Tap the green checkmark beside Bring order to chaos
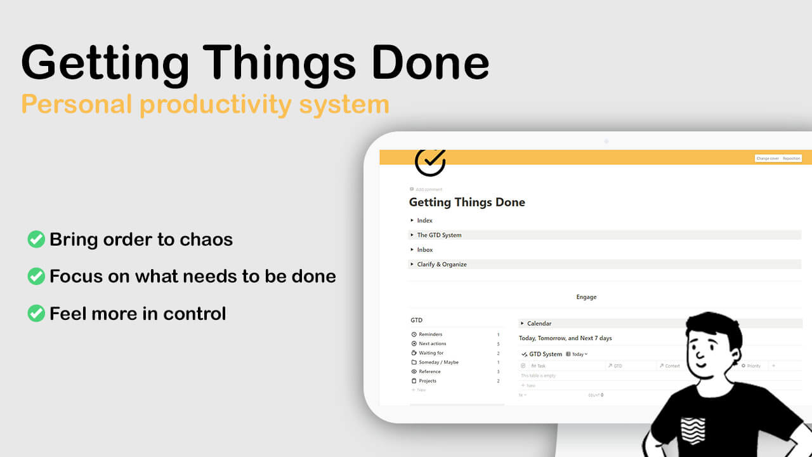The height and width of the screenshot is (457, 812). click(x=36, y=239)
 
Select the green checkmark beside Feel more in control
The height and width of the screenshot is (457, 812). click(x=36, y=313)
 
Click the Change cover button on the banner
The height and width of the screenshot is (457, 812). click(x=768, y=158)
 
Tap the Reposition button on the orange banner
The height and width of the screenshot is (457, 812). click(x=792, y=158)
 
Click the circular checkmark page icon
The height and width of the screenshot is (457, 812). click(x=430, y=161)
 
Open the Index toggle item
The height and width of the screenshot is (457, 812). click(x=424, y=220)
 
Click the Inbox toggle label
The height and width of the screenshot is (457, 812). click(x=425, y=249)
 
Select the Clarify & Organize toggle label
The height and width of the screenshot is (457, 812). click(x=442, y=264)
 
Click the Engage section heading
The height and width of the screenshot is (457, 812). click(x=586, y=297)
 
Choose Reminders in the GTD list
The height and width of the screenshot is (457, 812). click(x=430, y=334)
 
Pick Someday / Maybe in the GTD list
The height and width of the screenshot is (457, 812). click(x=438, y=362)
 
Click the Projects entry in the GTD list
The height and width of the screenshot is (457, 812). click(x=428, y=381)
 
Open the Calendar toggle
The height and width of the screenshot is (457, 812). click(x=539, y=324)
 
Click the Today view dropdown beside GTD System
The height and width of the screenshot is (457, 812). click(x=577, y=354)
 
